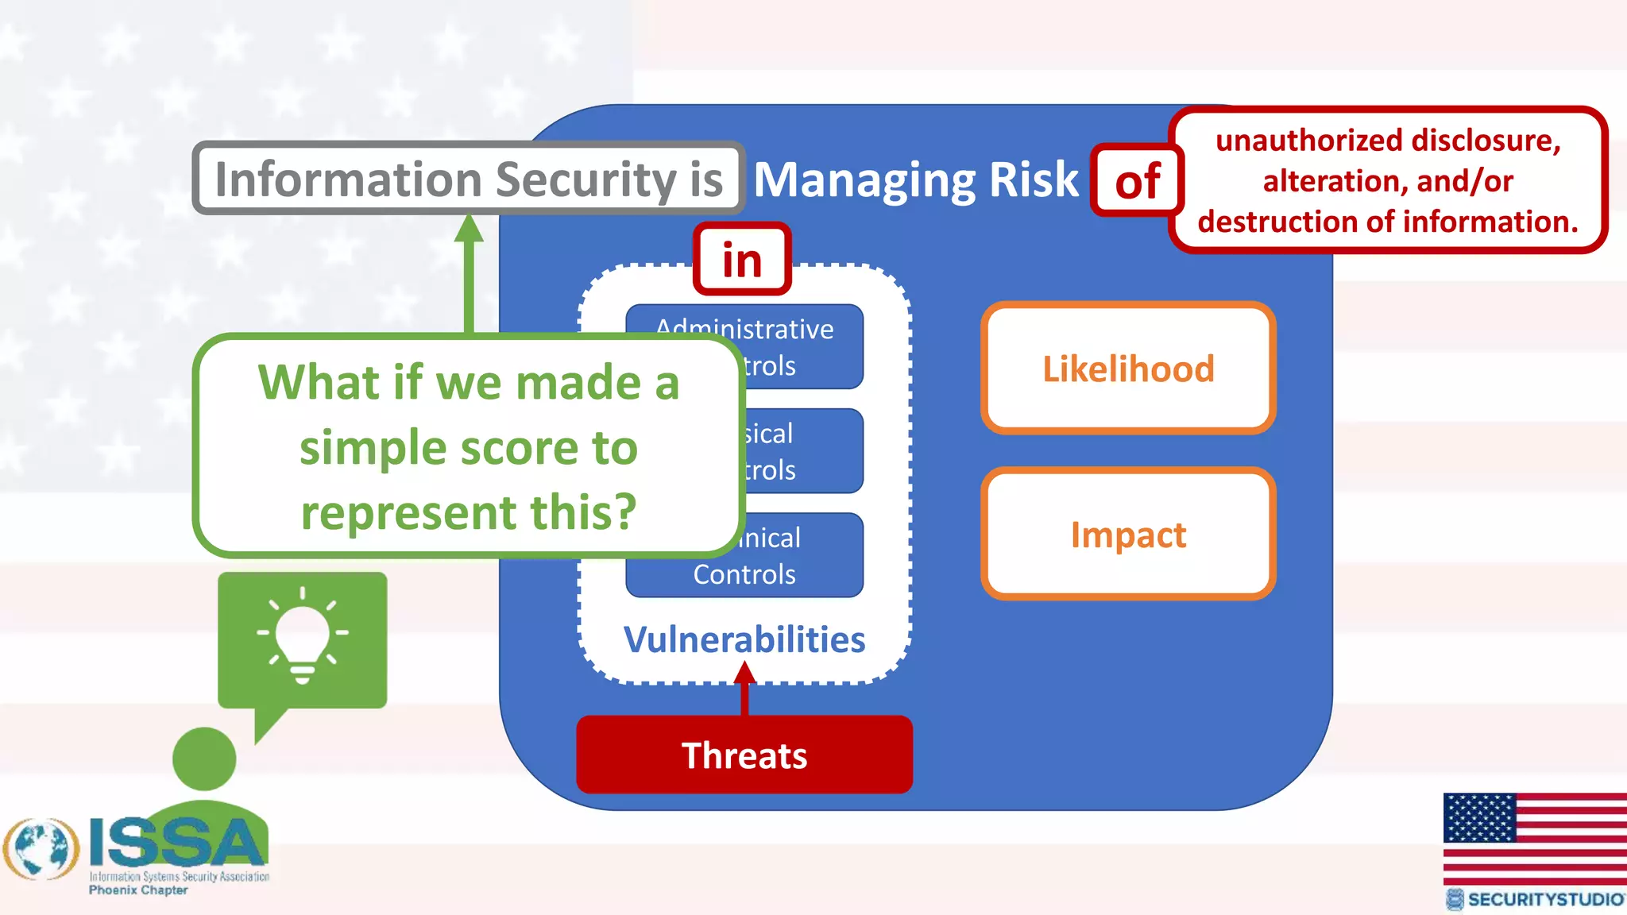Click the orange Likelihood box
[1128, 369]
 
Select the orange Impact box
[1128, 534]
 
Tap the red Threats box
[744, 755]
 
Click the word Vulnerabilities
[744, 639]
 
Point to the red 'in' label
[742, 260]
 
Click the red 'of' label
[1138, 181]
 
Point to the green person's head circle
[204, 759]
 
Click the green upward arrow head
[469, 229]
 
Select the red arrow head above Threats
[744, 674]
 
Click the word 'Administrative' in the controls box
[745, 329]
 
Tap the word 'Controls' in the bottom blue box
[744, 574]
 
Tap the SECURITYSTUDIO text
[1544, 899]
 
